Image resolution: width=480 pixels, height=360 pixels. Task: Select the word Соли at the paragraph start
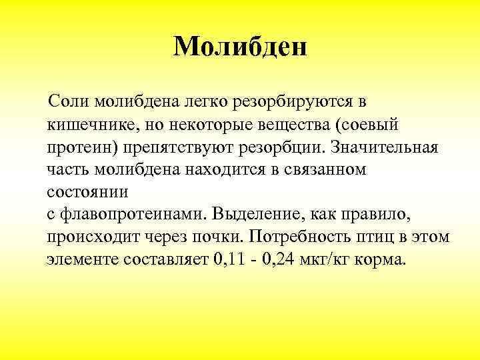70,102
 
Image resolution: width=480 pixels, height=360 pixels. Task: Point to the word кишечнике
89,125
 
